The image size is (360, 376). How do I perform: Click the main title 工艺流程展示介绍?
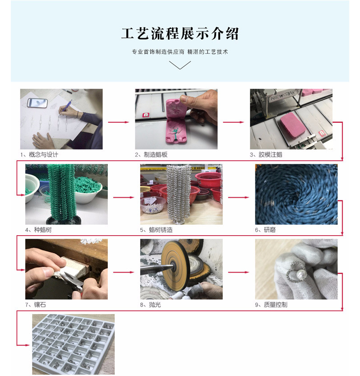click(x=180, y=33)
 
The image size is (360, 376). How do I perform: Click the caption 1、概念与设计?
click(x=39, y=155)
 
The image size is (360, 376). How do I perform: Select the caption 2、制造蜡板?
click(x=151, y=155)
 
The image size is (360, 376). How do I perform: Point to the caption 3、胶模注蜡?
click(x=266, y=155)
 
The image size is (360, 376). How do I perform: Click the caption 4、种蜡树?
click(x=38, y=230)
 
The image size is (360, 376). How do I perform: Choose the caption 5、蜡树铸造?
click(x=156, y=230)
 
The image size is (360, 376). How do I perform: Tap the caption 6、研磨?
click(x=265, y=230)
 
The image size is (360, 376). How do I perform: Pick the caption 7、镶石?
click(x=36, y=305)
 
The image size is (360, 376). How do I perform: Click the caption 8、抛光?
click(x=151, y=305)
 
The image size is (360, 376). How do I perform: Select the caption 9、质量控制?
click(x=271, y=305)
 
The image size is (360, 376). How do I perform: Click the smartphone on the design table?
click(x=37, y=103)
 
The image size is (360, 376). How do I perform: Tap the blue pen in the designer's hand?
click(x=67, y=106)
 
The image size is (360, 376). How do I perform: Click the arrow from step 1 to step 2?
click(x=119, y=122)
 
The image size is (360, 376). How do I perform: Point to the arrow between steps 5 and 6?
click(x=239, y=197)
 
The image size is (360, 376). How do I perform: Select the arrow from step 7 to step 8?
click(x=124, y=272)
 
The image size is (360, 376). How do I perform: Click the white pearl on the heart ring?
click(x=300, y=274)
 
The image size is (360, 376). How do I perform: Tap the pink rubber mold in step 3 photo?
click(x=293, y=125)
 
